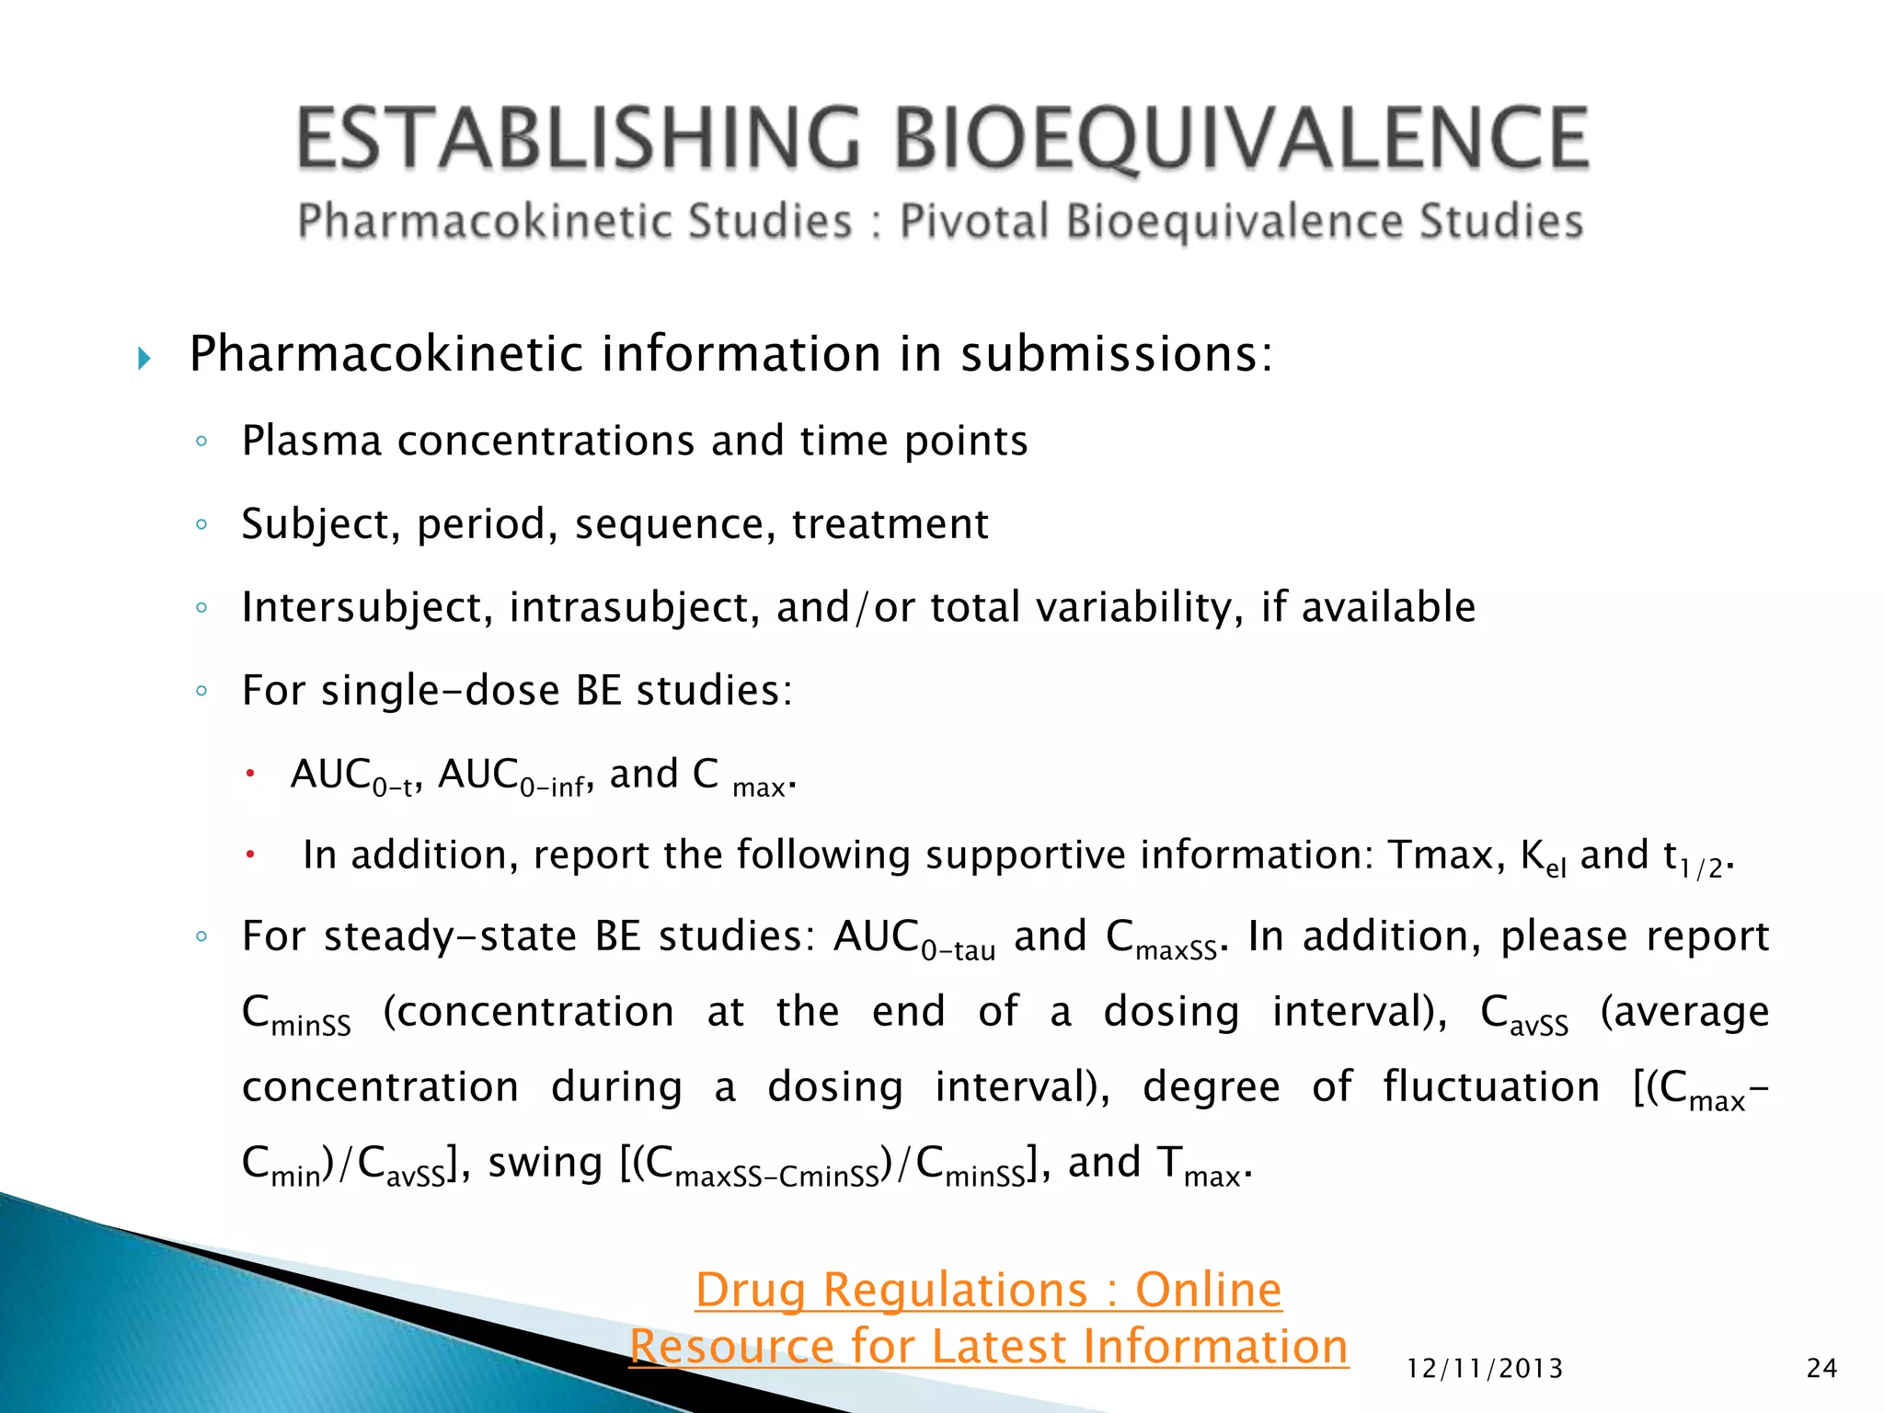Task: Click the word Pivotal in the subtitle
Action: (x=974, y=222)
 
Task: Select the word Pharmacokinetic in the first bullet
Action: (x=386, y=354)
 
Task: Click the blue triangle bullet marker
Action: (x=144, y=358)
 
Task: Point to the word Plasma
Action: (x=311, y=441)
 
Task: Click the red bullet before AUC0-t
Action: (x=249, y=774)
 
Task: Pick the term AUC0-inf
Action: (x=511, y=776)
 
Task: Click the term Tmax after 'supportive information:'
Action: (x=1446, y=856)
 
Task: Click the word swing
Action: (x=545, y=1163)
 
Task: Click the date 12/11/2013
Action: (x=1485, y=1369)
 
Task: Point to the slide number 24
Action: (x=1821, y=1369)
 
